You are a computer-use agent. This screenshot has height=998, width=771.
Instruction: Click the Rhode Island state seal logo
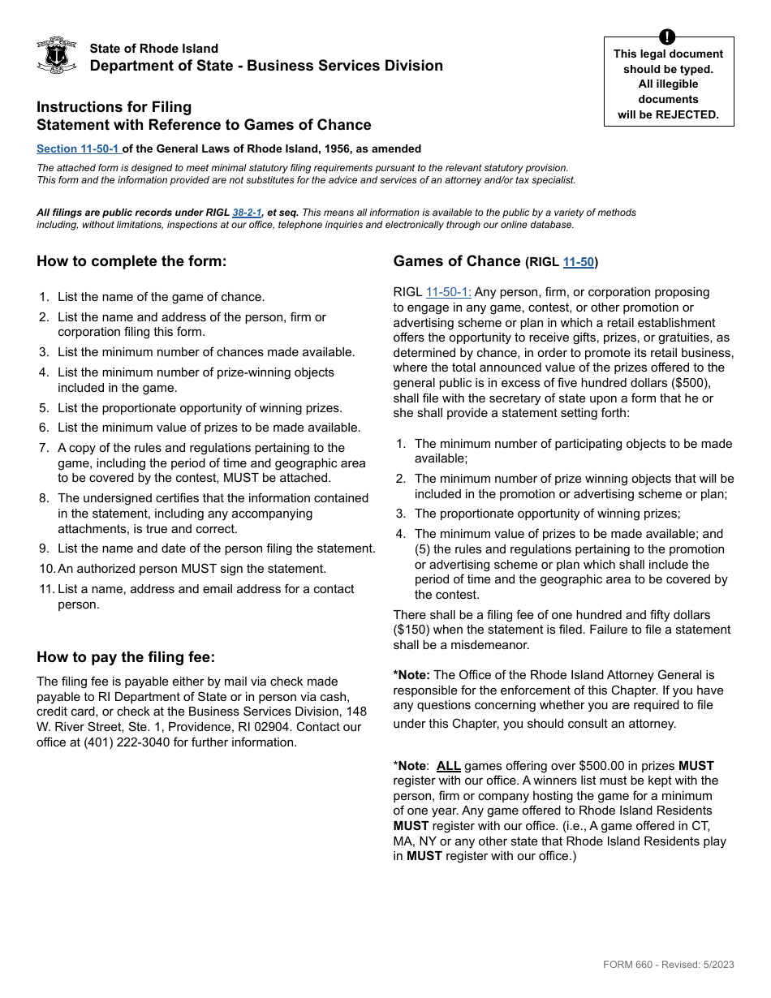tap(56, 55)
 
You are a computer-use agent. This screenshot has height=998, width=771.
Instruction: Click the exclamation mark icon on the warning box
tap(667, 37)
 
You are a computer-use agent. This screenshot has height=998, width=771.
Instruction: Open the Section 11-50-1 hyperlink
tap(78, 148)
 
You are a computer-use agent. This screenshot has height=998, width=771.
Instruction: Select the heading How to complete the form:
tap(131, 261)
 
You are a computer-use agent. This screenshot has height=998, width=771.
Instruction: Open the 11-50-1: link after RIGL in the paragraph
tap(448, 292)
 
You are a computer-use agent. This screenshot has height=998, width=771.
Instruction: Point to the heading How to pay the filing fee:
tap(126, 657)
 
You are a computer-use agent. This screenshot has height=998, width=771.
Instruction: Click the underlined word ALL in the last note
tap(448, 766)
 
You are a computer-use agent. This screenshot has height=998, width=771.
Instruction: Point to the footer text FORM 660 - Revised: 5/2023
tap(668, 965)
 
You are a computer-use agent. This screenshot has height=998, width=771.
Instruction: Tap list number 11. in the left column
tap(47, 589)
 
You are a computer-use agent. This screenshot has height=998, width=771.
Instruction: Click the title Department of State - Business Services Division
tap(266, 66)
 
